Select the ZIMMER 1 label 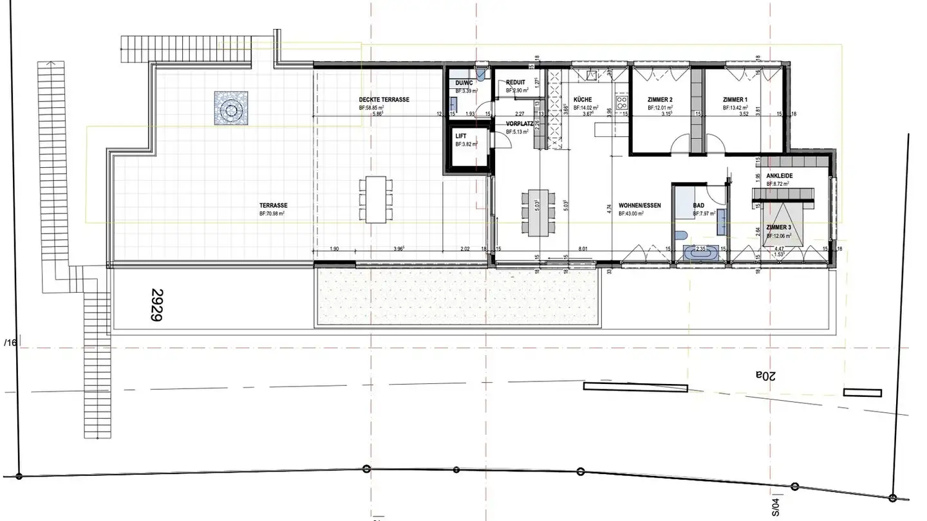(735, 100)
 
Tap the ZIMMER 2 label (660, 100)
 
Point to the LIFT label (461, 136)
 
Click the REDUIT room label (516, 82)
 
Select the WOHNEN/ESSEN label (640, 205)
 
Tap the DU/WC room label (464, 83)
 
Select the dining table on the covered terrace (375, 199)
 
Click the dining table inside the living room (539, 212)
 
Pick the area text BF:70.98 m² (272, 213)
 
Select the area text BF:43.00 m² (632, 214)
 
